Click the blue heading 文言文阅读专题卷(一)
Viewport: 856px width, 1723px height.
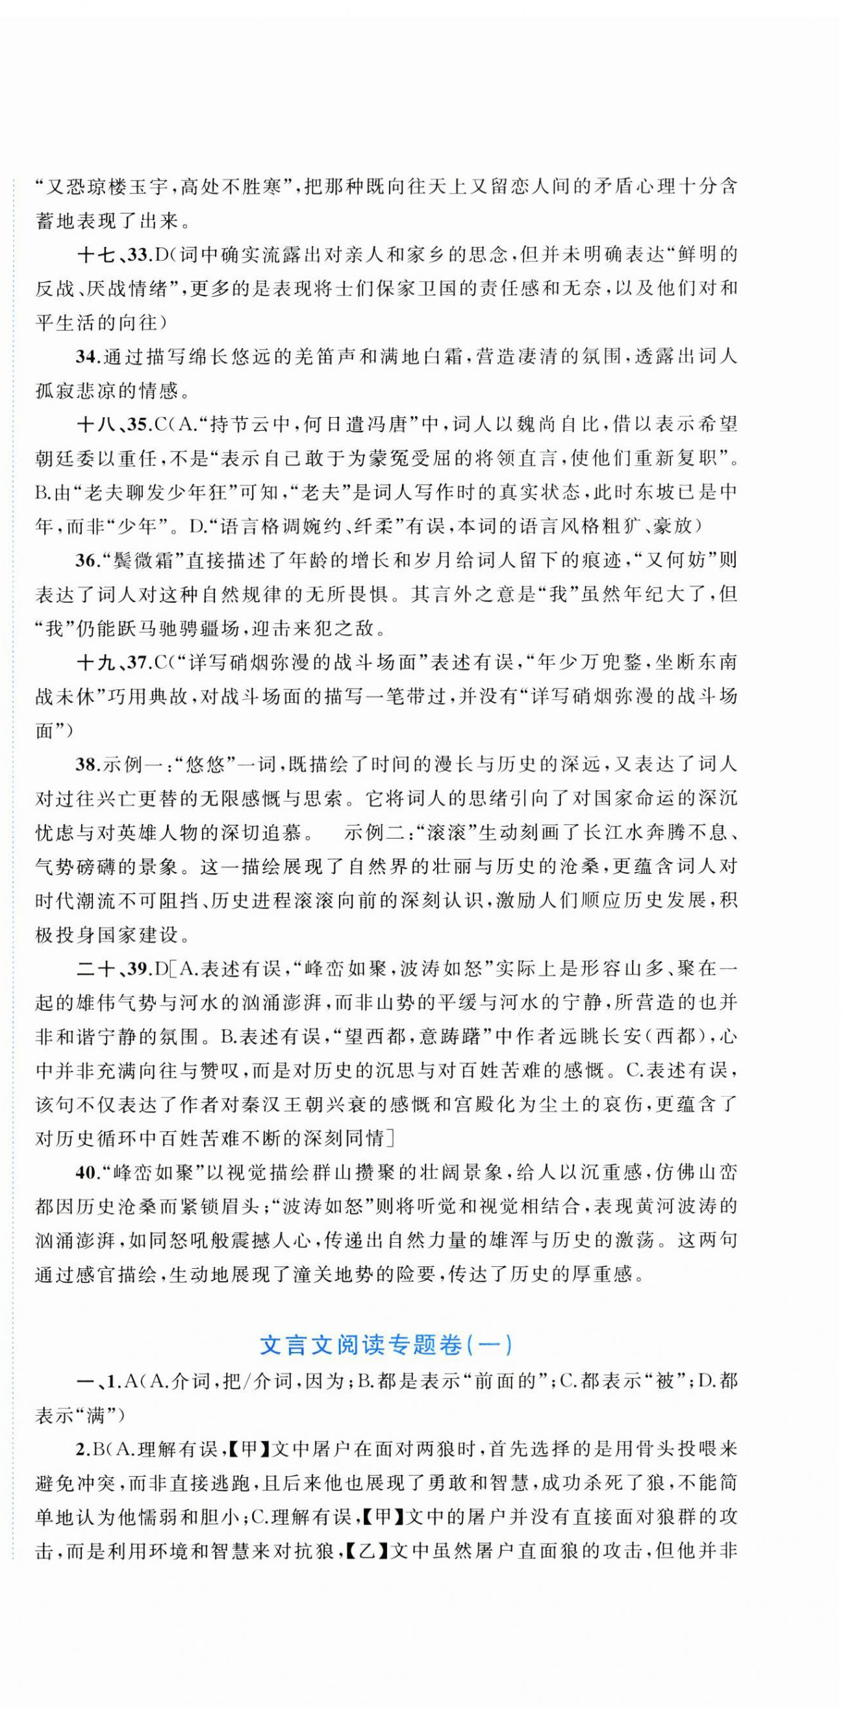coord(386,1344)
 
